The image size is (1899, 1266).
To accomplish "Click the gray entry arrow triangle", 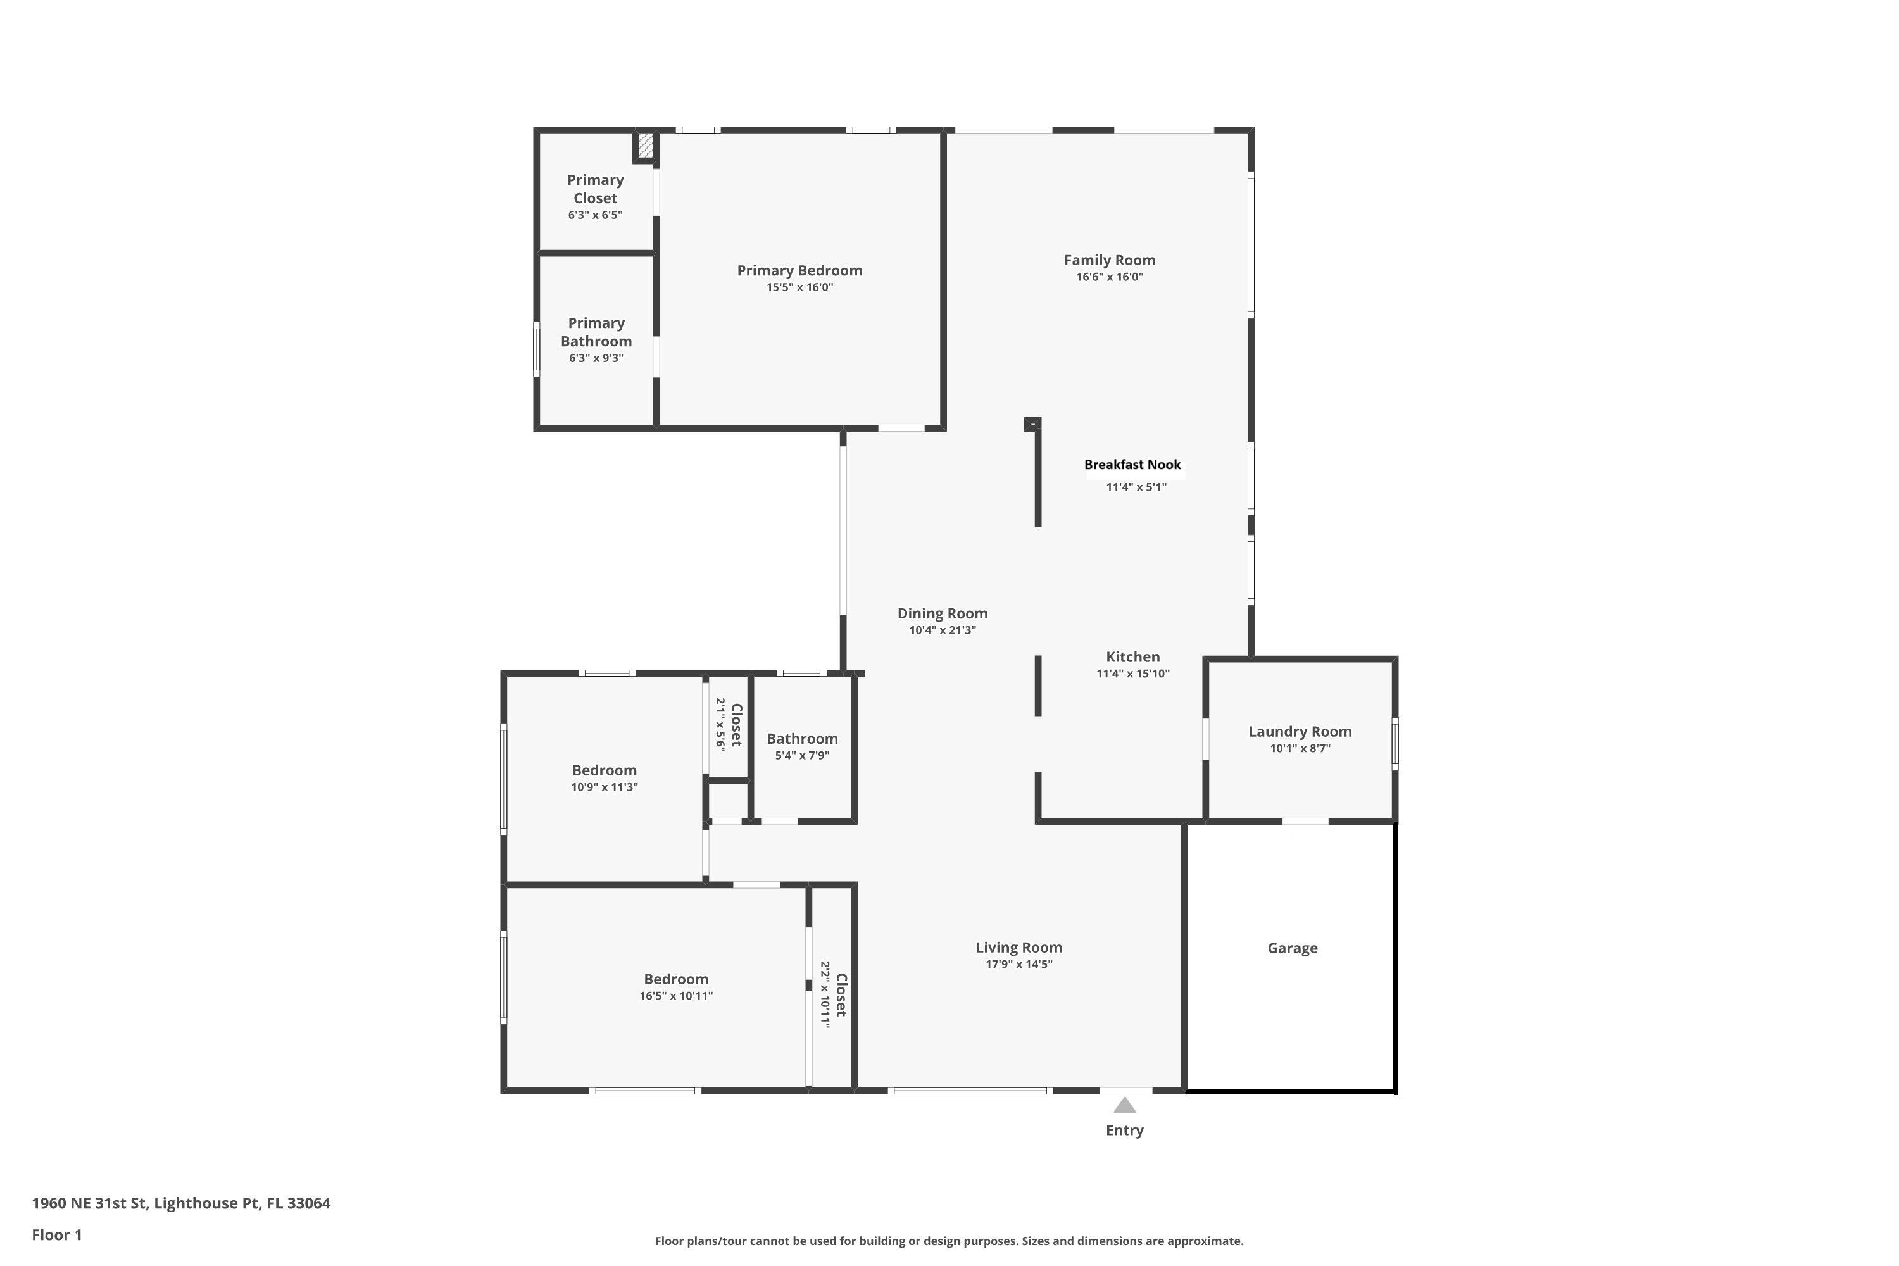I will tap(1124, 1105).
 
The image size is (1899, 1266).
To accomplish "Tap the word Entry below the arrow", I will tap(1124, 1131).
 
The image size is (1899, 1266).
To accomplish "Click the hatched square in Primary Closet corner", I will tap(645, 146).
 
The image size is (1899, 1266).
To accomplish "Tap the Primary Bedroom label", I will tap(799, 270).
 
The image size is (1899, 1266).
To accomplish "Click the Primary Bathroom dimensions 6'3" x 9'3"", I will tap(596, 358).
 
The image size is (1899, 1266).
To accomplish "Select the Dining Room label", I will tap(943, 613).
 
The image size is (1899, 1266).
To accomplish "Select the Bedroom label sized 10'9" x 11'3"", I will tap(604, 770).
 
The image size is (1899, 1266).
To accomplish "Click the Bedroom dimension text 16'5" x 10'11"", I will tap(676, 996).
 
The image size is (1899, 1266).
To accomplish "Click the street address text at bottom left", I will tap(181, 1203).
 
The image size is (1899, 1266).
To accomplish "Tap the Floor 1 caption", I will tap(56, 1234).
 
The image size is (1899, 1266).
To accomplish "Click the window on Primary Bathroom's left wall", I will tap(536, 349).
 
